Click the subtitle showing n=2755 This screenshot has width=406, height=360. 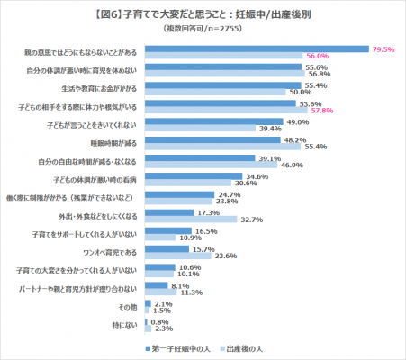click(x=203, y=30)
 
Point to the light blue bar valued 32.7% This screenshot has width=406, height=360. click(x=190, y=219)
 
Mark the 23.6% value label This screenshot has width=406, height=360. click(x=225, y=256)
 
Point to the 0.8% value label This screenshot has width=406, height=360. click(x=160, y=321)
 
